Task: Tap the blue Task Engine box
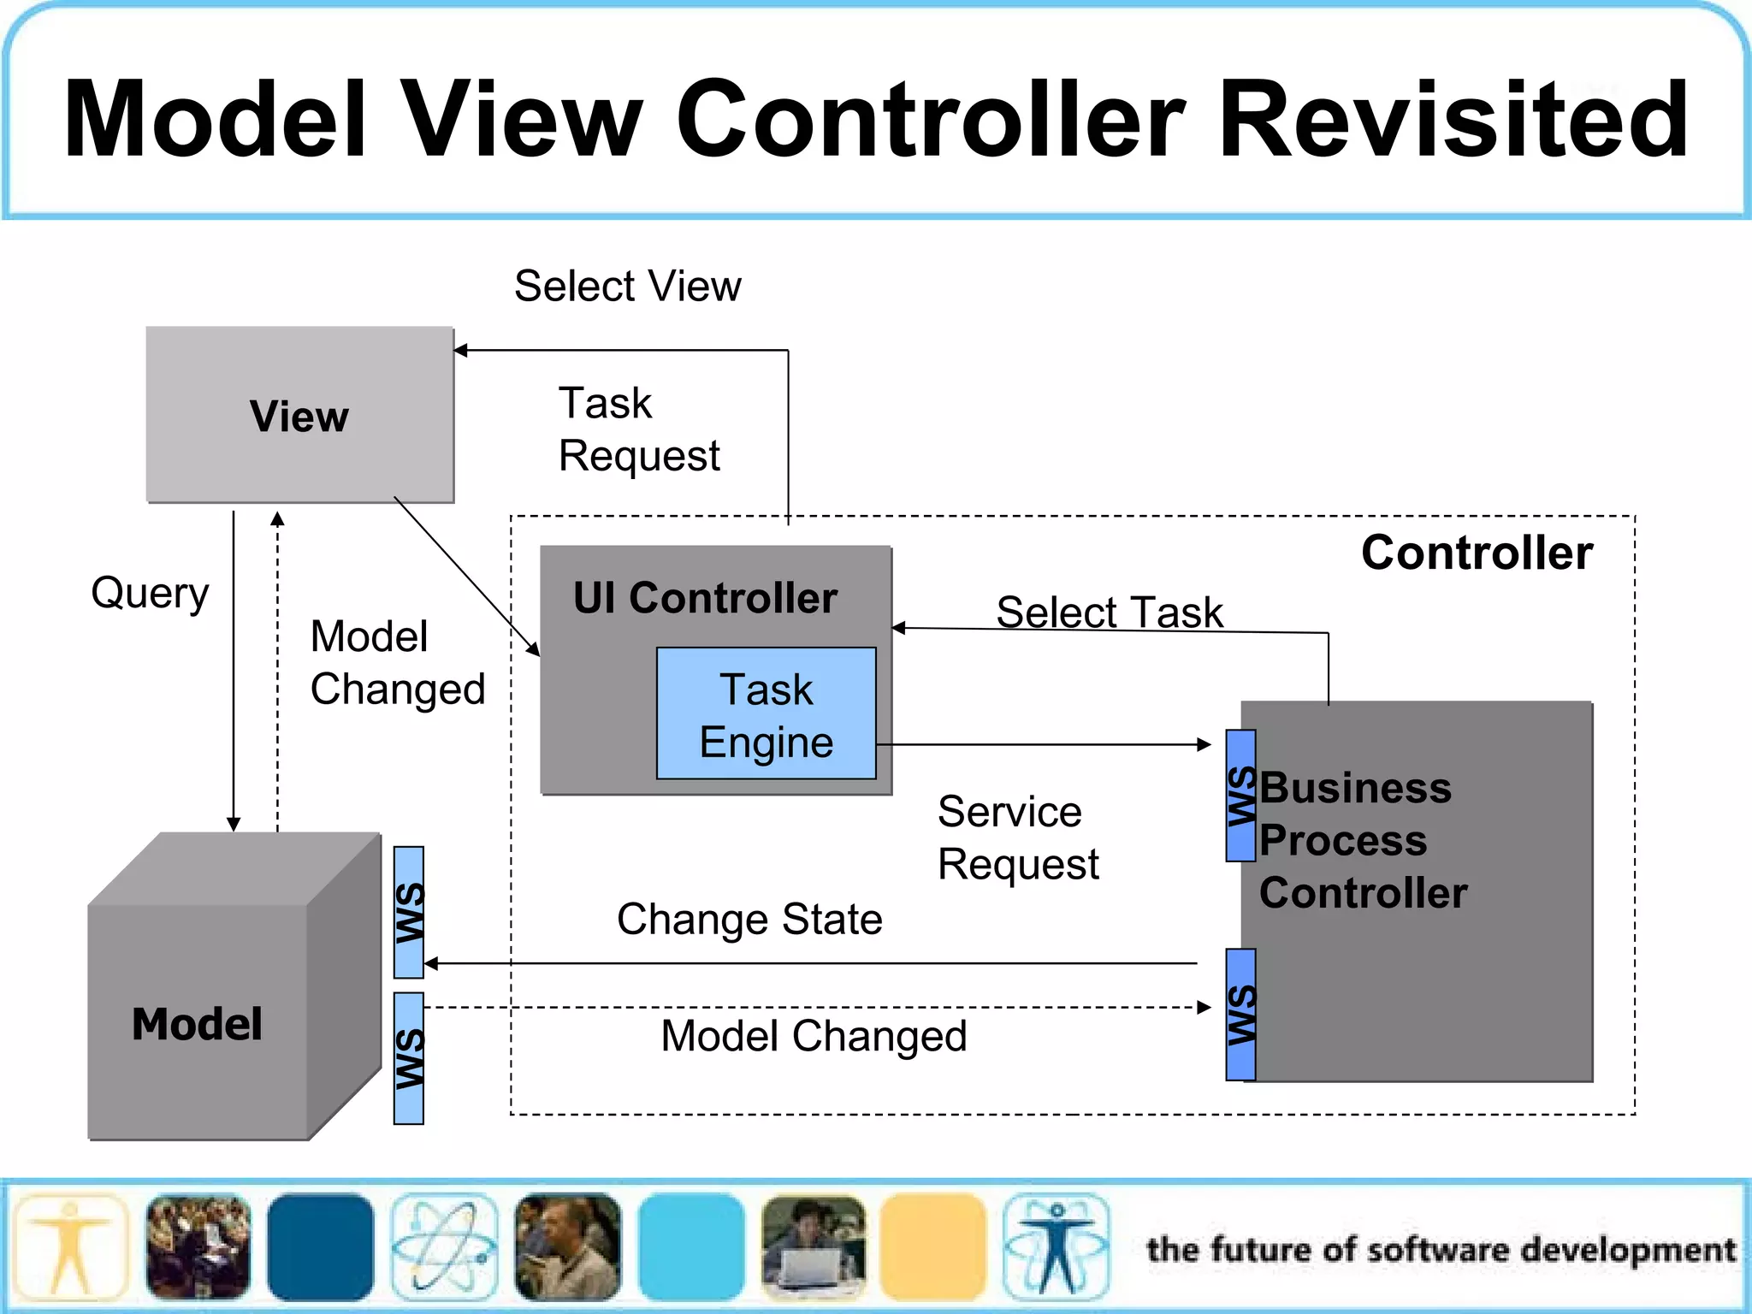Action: pyautogui.click(x=766, y=714)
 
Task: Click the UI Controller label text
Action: pyautogui.click(x=705, y=597)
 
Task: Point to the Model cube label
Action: pyautogui.click(x=197, y=1024)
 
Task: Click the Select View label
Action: pyautogui.click(x=627, y=286)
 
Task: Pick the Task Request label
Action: pyautogui.click(x=638, y=429)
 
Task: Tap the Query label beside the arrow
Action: pyautogui.click(x=150, y=593)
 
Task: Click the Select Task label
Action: pyautogui.click(x=1110, y=613)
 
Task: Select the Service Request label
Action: pyautogui.click(x=1017, y=838)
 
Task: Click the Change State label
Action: pyautogui.click(x=749, y=920)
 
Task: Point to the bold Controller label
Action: pyautogui.click(x=1477, y=553)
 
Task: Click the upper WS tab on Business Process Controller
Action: pyautogui.click(x=1240, y=796)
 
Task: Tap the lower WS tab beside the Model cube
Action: pyautogui.click(x=409, y=1058)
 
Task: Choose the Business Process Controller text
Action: pyautogui.click(x=1362, y=840)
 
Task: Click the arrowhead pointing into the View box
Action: pyautogui.click(x=460, y=350)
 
